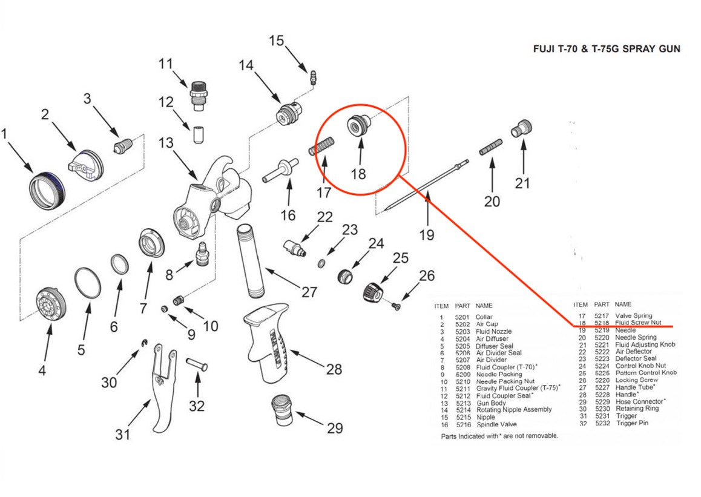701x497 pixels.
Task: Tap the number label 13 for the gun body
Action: pyautogui.click(x=166, y=143)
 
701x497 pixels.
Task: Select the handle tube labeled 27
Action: pyautogui.click(x=252, y=260)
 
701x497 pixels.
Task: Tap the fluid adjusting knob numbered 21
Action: pyautogui.click(x=522, y=128)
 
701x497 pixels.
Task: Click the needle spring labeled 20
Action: pyautogui.click(x=491, y=148)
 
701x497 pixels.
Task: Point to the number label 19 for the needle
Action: pyautogui.click(x=427, y=234)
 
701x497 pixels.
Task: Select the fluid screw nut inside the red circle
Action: pyautogui.click(x=357, y=126)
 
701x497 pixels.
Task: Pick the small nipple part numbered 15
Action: pyautogui.click(x=312, y=77)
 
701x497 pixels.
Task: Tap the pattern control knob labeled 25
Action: pyautogui.click(x=372, y=292)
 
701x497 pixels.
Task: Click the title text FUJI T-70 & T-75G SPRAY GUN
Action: pyautogui.click(x=606, y=48)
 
